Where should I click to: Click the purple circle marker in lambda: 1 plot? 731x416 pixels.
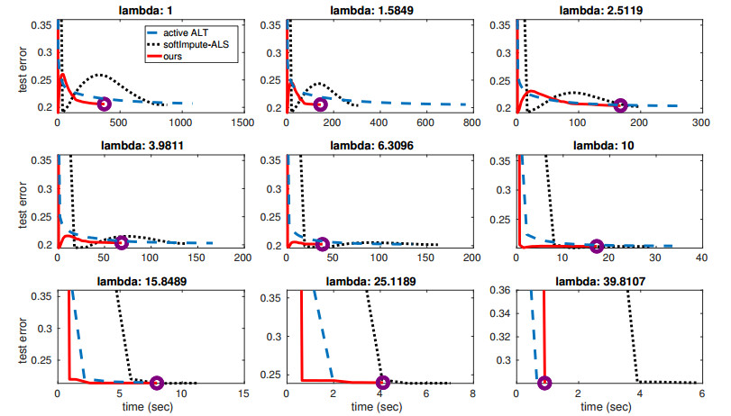(104, 104)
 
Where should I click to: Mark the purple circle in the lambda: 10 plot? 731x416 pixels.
(597, 245)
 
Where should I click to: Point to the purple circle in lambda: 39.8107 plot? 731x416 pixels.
(544, 382)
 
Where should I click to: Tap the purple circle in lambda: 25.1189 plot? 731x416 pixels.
(383, 382)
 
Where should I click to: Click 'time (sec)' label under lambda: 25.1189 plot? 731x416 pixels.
(379, 408)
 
